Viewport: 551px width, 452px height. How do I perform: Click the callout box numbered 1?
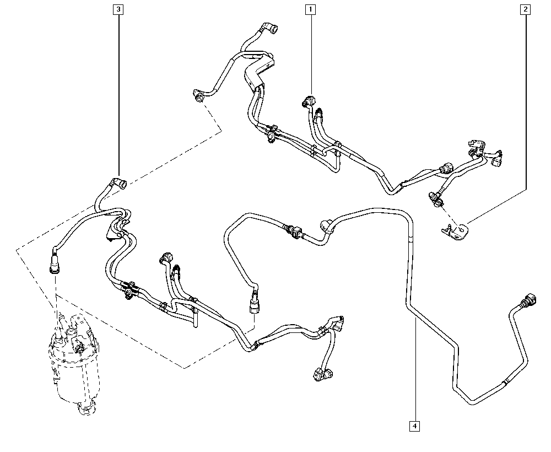click(x=311, y=9)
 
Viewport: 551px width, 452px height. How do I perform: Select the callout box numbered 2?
click(x=526, y=9)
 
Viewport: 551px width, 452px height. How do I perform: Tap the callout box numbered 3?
click(x=118, y=9)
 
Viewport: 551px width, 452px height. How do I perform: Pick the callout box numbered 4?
click(x=414, y=425)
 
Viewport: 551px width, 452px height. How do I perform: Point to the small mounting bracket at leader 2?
click(x=455, y=230)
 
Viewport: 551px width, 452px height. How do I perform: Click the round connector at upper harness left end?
click(x=199, y=96)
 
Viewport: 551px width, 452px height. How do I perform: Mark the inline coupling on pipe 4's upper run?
click(x=293, y=230)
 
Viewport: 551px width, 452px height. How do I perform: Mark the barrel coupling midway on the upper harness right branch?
click(x=446, y=168)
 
